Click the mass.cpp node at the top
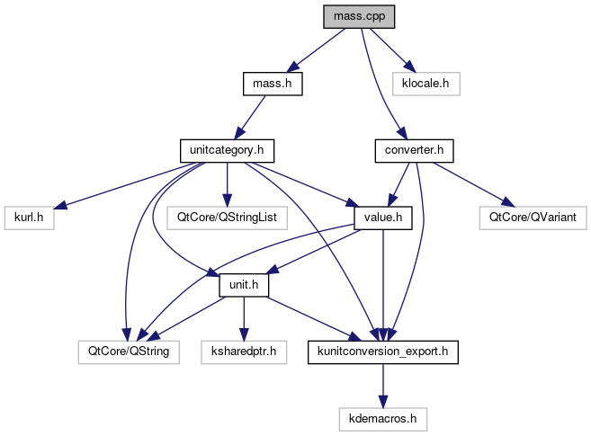(x=361, y=16)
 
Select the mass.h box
(x=272, y=84)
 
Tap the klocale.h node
(x=426, y=84)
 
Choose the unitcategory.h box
(x=227, y=150)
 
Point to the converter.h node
(x=413, y=150)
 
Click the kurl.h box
(x=29, y=217)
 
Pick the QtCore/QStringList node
(x=227, y=217)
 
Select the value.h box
(x=383, y=217)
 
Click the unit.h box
(x=246, y=284)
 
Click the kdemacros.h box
(x=384, y=417)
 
